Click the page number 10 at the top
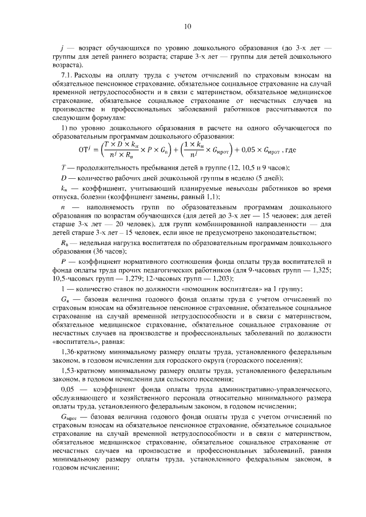point(188,26)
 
